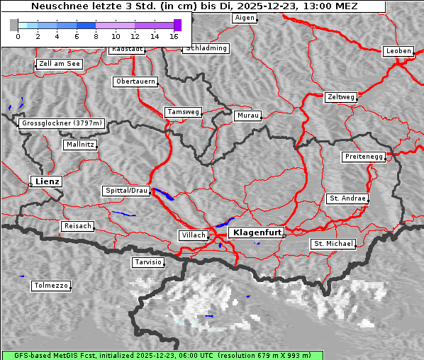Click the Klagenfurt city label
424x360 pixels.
[257, 232]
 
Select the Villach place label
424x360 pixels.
[192, 235]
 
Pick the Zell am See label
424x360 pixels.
[60, 64]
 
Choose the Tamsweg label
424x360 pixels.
[184, 112]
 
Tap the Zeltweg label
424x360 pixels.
[341, 96]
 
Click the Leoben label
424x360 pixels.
[398, 51]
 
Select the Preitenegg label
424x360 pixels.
[364, 156]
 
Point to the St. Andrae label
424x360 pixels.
[347, 198]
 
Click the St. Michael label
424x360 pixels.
[333, 244]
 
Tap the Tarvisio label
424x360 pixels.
[148, 262]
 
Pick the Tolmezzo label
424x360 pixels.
[51, 286]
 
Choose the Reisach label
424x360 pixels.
[78, 226]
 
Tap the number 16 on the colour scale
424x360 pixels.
[174, 35]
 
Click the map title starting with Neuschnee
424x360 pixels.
[194, 6]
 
